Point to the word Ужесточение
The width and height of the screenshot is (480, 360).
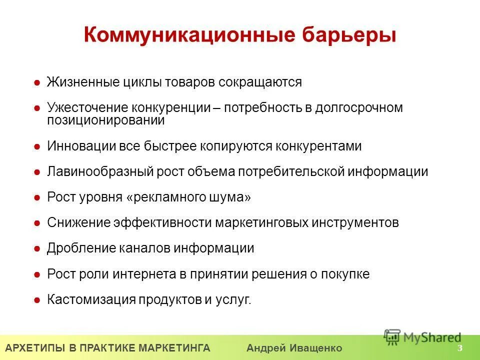88,108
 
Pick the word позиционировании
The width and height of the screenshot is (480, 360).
105,120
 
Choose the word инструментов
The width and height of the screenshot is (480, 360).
355,222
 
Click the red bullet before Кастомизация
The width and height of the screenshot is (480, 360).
37,300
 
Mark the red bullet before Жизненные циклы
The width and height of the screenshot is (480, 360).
37,82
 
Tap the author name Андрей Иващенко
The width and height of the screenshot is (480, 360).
294,348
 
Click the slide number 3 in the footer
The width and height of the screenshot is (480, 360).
459,348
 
